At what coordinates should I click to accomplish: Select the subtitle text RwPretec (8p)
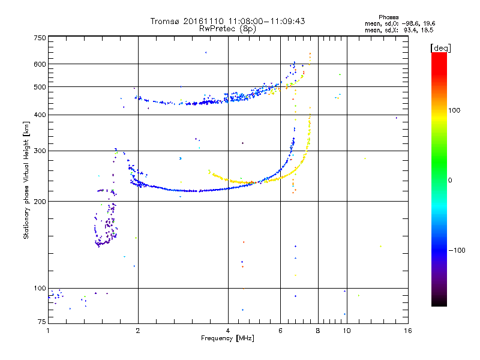pos(227,29)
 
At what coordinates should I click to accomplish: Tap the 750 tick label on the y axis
pos(40,38)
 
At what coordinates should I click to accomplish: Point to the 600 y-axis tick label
pos(40,64)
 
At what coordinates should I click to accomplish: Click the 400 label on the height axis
pos(40,115)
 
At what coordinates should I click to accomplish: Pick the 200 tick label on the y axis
pos(40,202)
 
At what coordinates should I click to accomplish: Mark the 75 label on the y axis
pos(42,322)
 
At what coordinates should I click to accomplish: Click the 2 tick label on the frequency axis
pos(138,331)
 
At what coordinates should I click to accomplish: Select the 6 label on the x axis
pos(280,331)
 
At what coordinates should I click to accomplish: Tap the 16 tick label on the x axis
pos(408,331)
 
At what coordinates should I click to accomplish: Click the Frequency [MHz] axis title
pos(227,338)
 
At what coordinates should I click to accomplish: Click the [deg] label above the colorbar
pos(440,49)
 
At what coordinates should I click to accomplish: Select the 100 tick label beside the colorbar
pos(454,110)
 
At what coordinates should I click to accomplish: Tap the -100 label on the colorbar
pos(457,250)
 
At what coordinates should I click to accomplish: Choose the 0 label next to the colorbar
pos(450,181)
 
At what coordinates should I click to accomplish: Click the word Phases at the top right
pos(388,17)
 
